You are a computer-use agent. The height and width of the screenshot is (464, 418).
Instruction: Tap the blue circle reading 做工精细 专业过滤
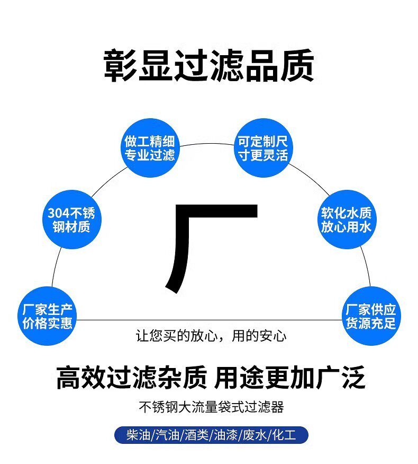(149, 148)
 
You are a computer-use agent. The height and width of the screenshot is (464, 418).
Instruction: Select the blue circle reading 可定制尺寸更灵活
(263, 148)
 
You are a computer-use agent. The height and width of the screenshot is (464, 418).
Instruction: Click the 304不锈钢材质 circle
(71, 220)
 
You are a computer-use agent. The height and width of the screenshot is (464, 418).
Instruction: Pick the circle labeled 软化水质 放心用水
(346, 220)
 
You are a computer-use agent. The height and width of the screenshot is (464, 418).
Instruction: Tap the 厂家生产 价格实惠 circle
(47, 316)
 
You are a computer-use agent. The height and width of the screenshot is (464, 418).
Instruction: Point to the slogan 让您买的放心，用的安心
(211, 336)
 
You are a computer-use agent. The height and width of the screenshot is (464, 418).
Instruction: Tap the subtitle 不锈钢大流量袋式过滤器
(211, 407)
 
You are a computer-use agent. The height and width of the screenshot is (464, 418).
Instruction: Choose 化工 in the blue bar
(283, 435)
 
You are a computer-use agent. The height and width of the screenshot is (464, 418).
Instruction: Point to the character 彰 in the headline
(120, 66)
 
